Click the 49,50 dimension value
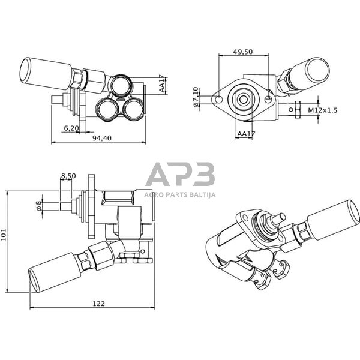tap(242, 52)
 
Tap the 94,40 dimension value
tap(102, 138)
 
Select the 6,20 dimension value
tap(71, 128)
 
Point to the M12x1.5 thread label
tap(323, 110)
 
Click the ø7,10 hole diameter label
tap(196, 97)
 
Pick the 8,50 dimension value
tap(68, 176)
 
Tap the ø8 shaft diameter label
tap(38, 205)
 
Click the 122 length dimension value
tap(99, 304)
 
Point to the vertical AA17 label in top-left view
tap(162, 84)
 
